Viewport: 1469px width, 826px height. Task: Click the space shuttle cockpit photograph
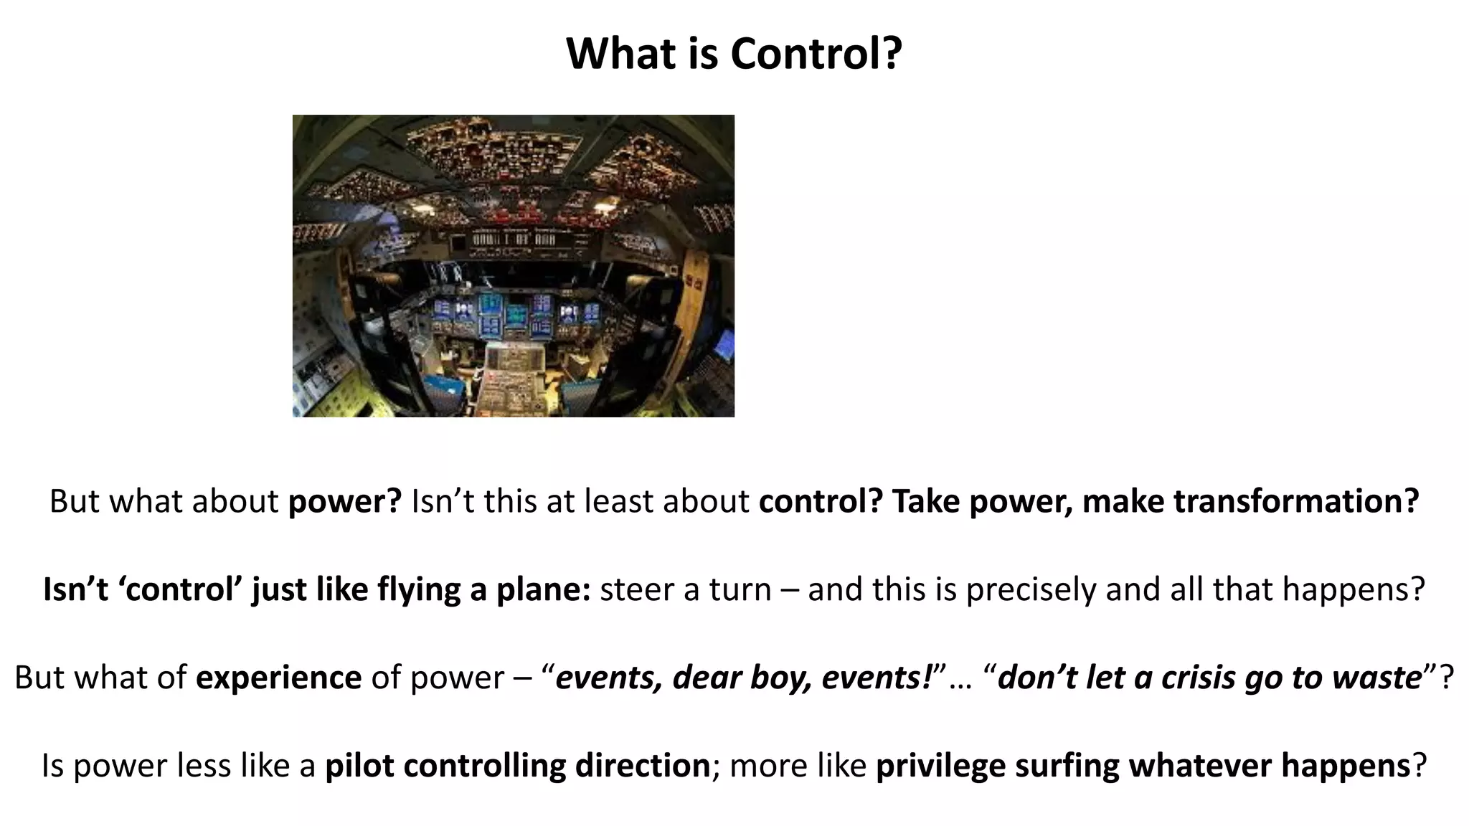tap(513, 266)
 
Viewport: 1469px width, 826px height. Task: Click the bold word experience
tap(278, 678)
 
